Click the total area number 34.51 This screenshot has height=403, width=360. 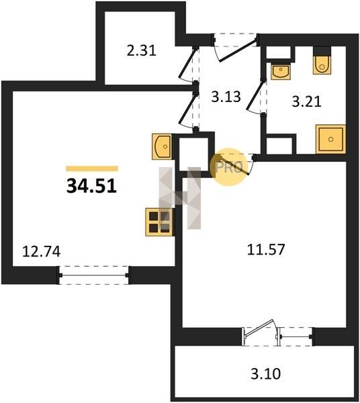[91, 186]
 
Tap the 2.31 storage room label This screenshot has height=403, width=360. [141, 50]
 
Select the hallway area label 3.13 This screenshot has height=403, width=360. [226, 97]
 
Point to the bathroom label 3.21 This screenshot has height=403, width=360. [306, 101]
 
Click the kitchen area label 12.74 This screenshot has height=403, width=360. [42, 251]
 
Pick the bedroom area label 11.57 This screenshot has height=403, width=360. [266, 249]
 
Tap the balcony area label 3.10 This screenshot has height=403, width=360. [265, 373]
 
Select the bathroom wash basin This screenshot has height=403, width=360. [281, 71]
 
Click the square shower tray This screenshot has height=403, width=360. [330, 139]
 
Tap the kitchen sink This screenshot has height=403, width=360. [162, 146]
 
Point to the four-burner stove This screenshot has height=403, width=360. [159, 222]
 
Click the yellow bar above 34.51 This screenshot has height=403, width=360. [92, 169]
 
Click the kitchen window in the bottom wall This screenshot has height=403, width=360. [94, 275]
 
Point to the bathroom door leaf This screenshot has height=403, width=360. [255, 95]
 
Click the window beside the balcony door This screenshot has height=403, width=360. [296, 337]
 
